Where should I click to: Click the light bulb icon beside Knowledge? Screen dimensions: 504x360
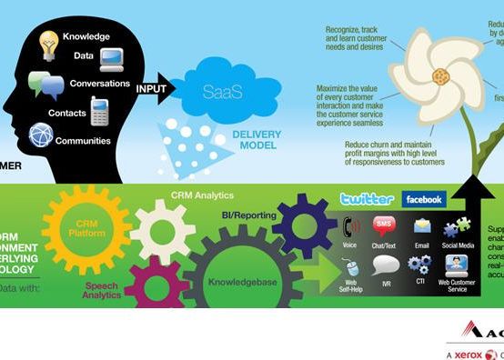pyautogui.click(x=48, y=42)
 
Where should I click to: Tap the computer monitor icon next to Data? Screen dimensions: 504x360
pyautogui.click(x=112, y=60)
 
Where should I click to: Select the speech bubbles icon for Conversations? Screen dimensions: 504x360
pyautogui.click(x=45, y=85)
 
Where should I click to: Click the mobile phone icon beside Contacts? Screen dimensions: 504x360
pyautogui.click(x=99, y=111)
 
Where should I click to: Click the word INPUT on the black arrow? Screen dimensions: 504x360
pyautogui.click(x=151, y=89)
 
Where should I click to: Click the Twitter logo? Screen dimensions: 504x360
pyautogui.click(x=367, y=198)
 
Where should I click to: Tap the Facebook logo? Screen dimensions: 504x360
pyautogui.click(x=423, y=198)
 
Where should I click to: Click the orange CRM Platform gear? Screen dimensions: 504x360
pyautogui.click(x=87, y=230)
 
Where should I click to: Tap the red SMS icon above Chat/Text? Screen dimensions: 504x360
pyautogui.click(x=384, y=226)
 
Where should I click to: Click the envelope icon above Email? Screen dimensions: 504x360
pyautogui.click(x=422, y=226)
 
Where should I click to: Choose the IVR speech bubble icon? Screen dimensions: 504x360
pyautogui.click(x=386, y=265)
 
